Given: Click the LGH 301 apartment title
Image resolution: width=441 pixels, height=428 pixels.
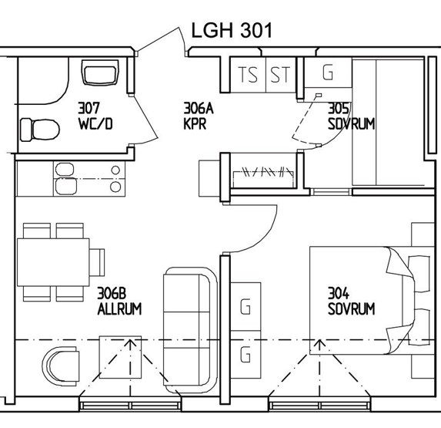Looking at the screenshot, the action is pyautogui.click(x=232, y=30).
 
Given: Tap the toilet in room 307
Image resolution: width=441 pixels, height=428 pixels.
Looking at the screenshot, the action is pyautogui.click(x=40, y=130).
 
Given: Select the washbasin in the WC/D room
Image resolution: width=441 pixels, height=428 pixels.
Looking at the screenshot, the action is pyautogui.click(x=100, y=72).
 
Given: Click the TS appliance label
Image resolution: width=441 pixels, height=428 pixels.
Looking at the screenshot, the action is pyautogui.click(x=248, y=75).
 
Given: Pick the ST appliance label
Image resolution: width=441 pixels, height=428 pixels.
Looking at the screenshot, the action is pyautogui.click(x=280, y=75).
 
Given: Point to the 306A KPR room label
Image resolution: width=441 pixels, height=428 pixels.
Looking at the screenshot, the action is pyautogui.click(x=199, y=116).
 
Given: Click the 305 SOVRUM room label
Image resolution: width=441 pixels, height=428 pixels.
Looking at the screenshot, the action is pyautogui.click(x=351, y=116).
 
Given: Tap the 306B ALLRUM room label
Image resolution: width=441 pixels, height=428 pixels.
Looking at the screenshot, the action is pyautogui.click(x=119, y=301).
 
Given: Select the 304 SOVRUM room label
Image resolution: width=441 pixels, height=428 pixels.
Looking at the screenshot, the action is pyautogui.click(x=351, y=301).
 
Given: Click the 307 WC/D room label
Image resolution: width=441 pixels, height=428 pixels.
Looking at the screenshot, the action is pyautogui.click(x=95, y=116).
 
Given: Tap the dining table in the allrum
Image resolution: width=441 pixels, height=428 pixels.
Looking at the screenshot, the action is pyautogui.click(x=53, y=262).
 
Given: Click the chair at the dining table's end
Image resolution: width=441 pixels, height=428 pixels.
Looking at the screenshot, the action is pyautogui.click(x=97, y=262).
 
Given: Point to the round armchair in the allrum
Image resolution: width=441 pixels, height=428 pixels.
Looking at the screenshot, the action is pyautogui.click(x=61, y=366).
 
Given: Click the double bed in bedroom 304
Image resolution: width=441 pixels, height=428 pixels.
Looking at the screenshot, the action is pyautogui.click(x=372, y=300).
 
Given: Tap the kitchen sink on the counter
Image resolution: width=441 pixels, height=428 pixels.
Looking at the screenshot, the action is pyautogui.click(x=66, y=179).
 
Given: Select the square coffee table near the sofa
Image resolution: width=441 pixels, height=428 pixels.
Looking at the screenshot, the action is pyautogui.click(x=120, y=357).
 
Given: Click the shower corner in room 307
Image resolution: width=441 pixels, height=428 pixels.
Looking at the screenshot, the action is pyautogui.click(x=43, y=80).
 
